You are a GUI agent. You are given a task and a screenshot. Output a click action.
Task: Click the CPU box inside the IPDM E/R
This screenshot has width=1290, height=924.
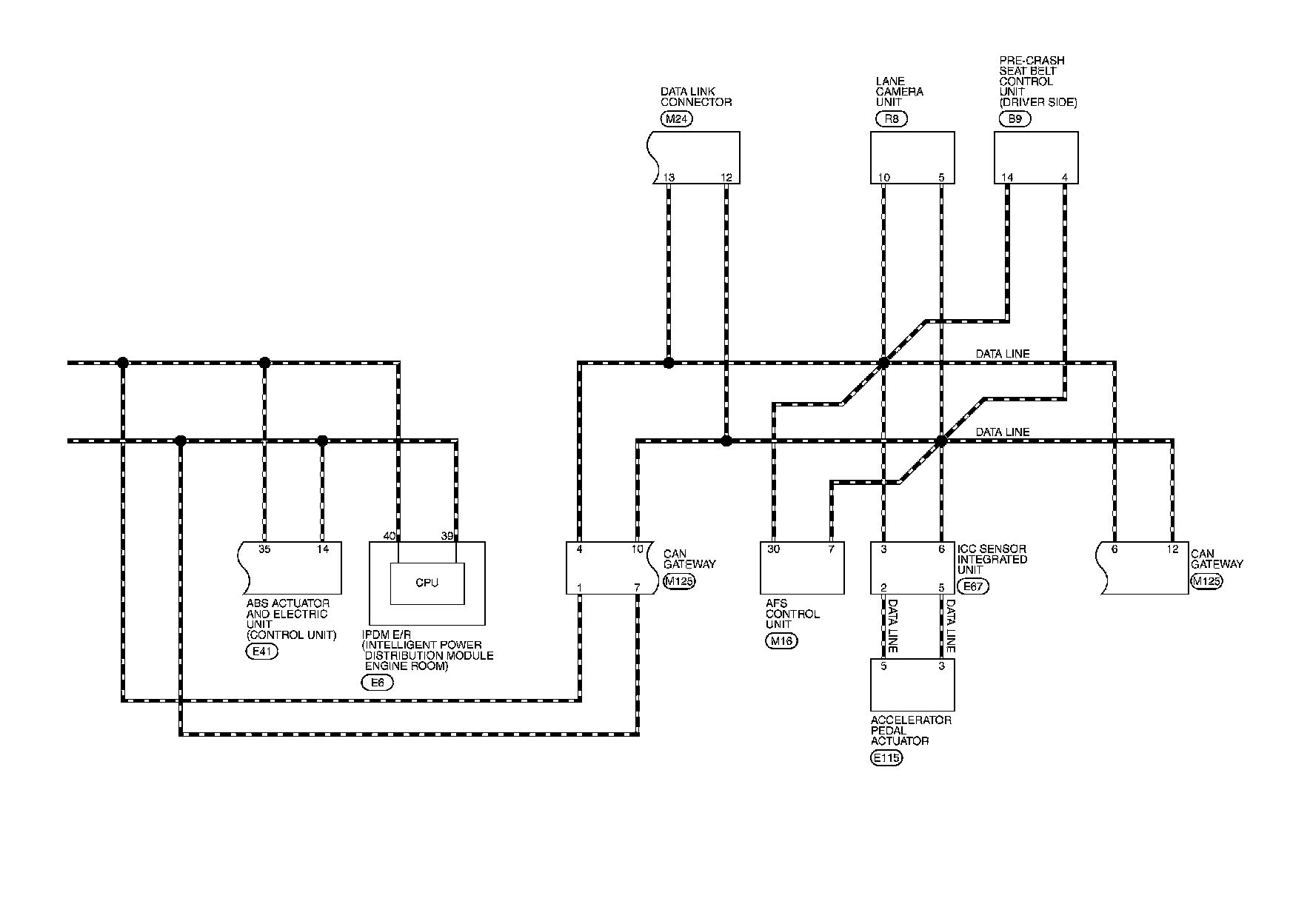click(427, 583)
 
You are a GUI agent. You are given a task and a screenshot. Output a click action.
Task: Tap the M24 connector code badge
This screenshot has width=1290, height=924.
click(675, 119)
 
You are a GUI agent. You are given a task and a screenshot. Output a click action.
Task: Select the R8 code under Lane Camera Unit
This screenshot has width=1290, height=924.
click(891, 119)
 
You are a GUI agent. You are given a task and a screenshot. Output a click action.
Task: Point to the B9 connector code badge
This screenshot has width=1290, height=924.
click(1015, 119)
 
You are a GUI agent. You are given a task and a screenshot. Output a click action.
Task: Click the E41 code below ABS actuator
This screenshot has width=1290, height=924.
click(261, 652)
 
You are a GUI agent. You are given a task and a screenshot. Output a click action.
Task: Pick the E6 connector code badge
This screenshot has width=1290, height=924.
click(377, 683)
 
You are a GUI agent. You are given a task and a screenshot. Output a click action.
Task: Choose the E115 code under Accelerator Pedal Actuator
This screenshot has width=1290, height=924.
click(887, 757)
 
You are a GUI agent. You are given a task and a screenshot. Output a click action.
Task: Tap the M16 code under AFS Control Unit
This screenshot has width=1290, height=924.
click(781, 641)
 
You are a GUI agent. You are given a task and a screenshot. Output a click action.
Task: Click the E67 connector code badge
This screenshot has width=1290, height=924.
click(973, 587)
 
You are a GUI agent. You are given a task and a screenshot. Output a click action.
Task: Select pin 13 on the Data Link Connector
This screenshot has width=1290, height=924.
click(669, 178)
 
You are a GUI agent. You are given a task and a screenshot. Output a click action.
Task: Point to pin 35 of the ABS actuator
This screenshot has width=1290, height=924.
click(264, 549)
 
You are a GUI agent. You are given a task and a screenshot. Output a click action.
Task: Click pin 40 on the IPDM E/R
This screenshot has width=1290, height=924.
click(390, 535)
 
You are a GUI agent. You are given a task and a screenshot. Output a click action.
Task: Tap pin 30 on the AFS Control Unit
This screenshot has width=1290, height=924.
click(773, 549)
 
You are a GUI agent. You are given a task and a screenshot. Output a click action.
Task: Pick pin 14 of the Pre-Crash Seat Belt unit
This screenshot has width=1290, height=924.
click(1007, 178)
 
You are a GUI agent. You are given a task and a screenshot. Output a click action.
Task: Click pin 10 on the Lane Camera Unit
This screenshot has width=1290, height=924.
click(883, 178)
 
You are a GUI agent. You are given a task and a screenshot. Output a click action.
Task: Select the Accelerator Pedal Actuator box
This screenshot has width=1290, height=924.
click(912, 685)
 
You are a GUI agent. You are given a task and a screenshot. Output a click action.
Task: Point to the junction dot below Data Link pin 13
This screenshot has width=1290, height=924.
click(669, 363)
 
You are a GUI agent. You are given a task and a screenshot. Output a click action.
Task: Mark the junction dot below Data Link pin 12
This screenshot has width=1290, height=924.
click(726, 441)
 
